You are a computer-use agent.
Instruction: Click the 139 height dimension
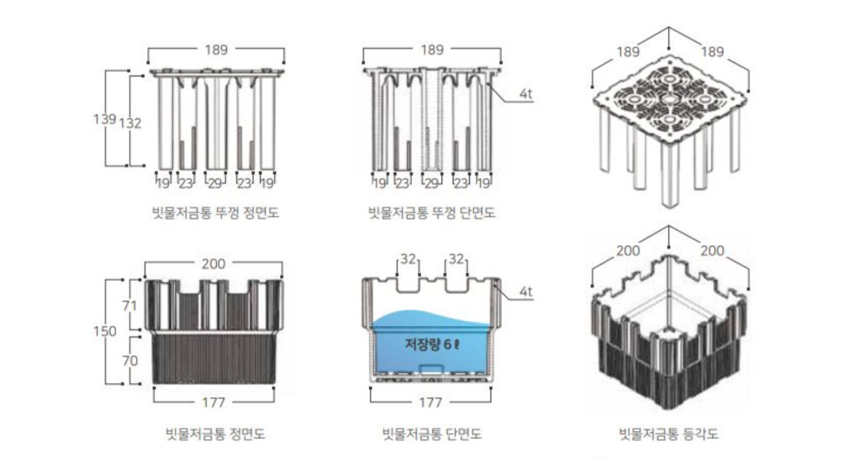(x=103, y=119)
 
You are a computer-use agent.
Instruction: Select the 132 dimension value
(x=130, y=124)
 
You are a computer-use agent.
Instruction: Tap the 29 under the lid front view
(x=216, y=182)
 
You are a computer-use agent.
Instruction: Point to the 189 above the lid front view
(x=216, y=50)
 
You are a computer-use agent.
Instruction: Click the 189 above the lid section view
(x=432, y=50)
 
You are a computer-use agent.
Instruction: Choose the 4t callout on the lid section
(x=526, y=94)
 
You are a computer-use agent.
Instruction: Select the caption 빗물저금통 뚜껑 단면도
(x=432, y=213)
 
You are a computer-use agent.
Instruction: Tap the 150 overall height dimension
(x=104, y=331)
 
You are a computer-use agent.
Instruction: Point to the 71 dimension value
(x=129, y=306)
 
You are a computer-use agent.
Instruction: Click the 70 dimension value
(x=129, y=360)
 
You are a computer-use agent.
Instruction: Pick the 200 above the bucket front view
(x=214, y=263)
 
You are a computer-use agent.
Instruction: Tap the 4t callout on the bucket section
(x=526, y=292)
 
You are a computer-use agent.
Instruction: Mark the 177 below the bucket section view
(x=430, y=402)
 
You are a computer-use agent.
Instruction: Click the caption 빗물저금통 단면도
(x=431, y=435)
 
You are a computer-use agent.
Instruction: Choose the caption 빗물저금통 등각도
(x=668, y=435)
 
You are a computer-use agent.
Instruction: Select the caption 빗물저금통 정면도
(x=217, y=435)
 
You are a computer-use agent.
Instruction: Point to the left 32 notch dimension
(x=408, y=260)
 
